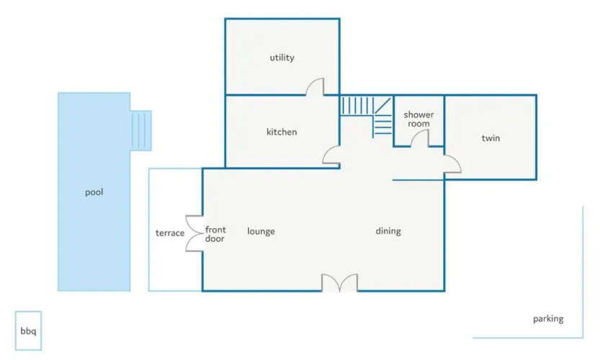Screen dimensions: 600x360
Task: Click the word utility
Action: (x=282, y=58)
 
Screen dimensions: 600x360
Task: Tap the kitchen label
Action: (x=282, y=132)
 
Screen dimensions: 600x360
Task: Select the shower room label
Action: (x=418, y=119)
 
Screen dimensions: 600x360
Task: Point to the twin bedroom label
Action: (x=491, y=138)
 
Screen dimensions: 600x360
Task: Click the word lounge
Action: (x=261, y=231)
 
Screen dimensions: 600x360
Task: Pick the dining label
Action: (x=388, y=231)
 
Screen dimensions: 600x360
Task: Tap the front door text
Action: (x=215, y=234)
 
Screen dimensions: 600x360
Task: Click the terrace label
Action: (x=170, y=233)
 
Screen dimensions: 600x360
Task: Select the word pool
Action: (x=94, y=192)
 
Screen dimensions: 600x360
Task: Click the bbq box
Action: (x=28, y=330)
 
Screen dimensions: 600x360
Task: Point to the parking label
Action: (x=548, y=319)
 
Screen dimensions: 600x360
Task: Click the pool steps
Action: (x=141, y=130)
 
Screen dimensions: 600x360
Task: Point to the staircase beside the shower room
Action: (x=366, y=115)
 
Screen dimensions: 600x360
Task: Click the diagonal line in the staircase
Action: (x=382, y=105)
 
